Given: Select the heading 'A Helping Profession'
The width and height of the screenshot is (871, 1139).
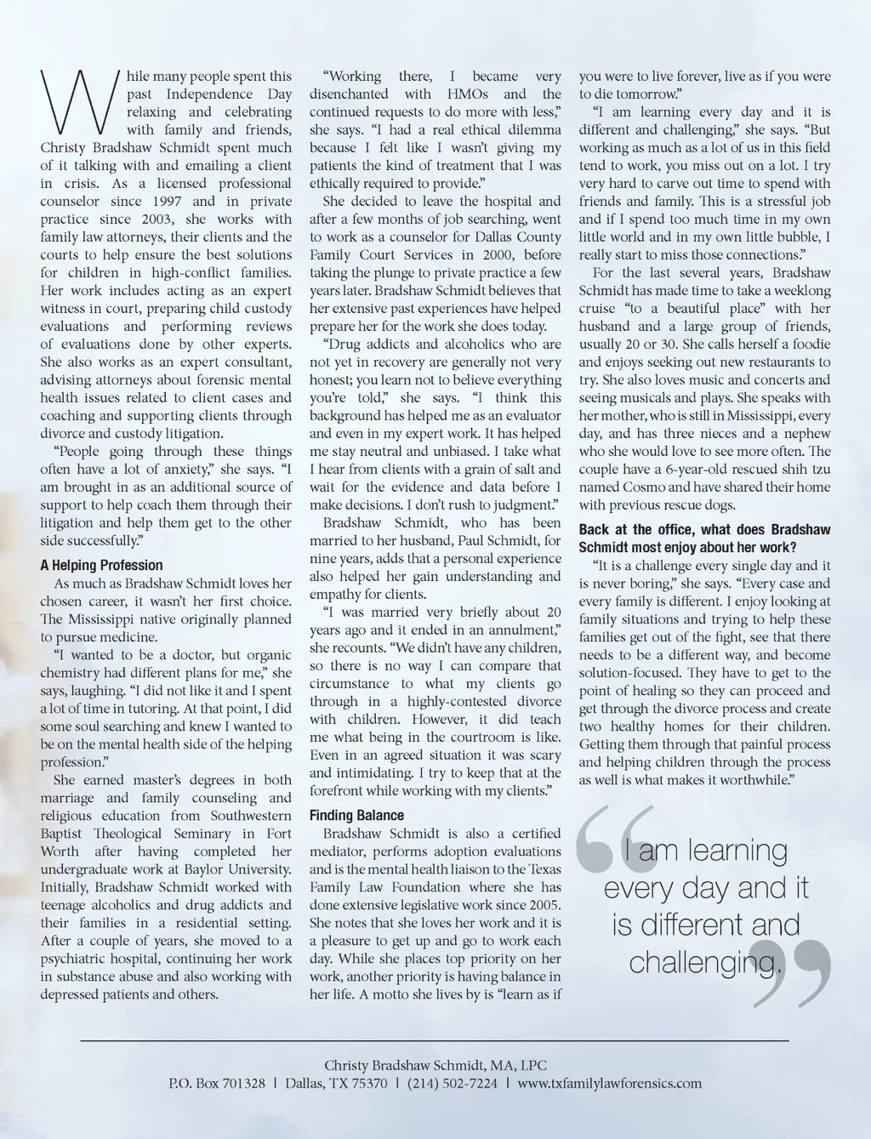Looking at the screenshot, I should [101, 565].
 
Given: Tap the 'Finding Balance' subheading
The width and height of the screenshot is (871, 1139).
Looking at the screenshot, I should [356, 815].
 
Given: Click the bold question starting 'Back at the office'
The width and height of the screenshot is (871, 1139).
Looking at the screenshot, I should [693, 538].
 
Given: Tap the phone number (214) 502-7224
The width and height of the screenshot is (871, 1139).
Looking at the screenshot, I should [453, 1084].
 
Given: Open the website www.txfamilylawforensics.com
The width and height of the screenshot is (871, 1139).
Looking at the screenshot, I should [609, 1084].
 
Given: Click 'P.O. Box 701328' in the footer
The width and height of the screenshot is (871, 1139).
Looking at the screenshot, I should [217, 1084].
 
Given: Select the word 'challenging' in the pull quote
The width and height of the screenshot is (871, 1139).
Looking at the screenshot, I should [701, 961].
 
